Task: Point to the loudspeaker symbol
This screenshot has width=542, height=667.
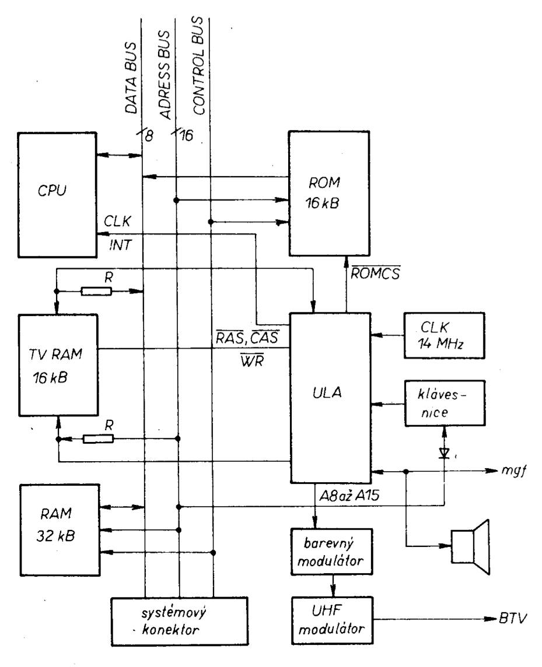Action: pos(471,545)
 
